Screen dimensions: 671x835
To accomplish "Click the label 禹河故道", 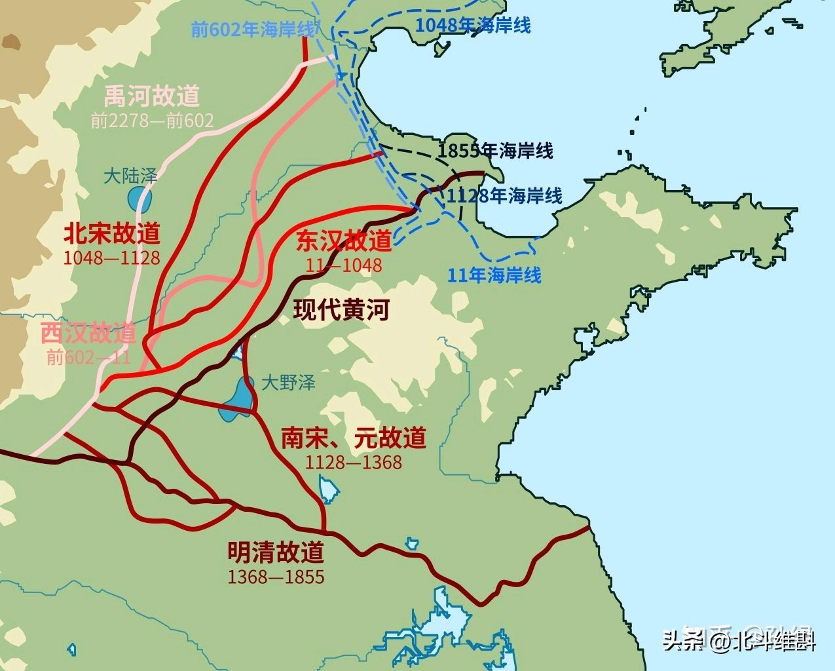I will point(151,97).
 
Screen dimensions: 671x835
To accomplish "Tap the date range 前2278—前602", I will point(152,121).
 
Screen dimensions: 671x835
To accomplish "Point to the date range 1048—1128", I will point(111,257).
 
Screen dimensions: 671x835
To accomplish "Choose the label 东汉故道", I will point(343,240).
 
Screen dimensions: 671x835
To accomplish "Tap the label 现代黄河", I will point(341,310).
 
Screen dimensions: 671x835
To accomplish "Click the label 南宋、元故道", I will point(353,438).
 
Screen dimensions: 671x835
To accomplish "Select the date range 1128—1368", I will point(353,462).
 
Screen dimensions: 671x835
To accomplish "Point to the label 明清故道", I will point(276,552).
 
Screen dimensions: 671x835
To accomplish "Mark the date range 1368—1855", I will point(276,577).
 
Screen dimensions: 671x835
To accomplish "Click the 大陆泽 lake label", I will point(130,176).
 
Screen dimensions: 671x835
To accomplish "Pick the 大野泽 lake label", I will point(288,383).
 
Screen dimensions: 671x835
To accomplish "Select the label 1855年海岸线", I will point(495,151).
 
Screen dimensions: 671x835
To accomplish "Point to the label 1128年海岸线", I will point(504,195).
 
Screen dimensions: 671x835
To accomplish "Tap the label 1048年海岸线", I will point(473,25).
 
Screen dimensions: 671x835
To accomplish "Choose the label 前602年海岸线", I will point(253,29).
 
